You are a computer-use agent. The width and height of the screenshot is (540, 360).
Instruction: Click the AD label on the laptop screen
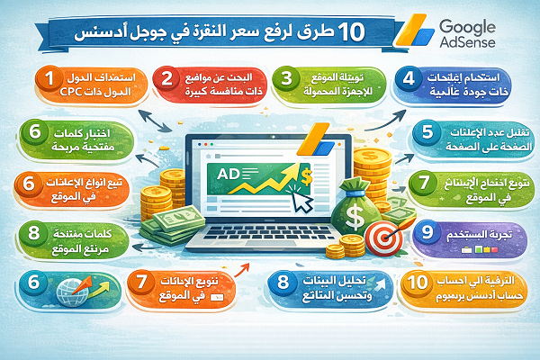tap(226, 172)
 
